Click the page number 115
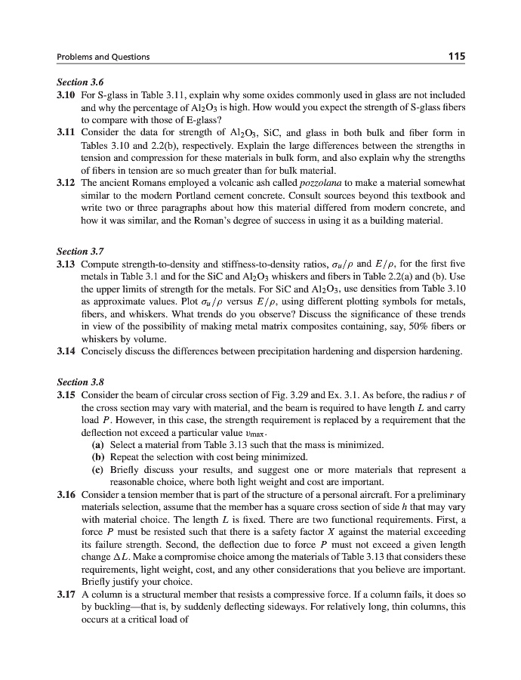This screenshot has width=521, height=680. coord(455,56)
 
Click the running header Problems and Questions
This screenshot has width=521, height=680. coord(103,57)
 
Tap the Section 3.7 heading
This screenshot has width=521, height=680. coord(79,253)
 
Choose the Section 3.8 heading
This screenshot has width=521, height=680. coord(79,382)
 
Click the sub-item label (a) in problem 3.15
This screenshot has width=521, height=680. coord(97,445)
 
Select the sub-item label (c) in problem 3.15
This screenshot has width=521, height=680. coord(97,469)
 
